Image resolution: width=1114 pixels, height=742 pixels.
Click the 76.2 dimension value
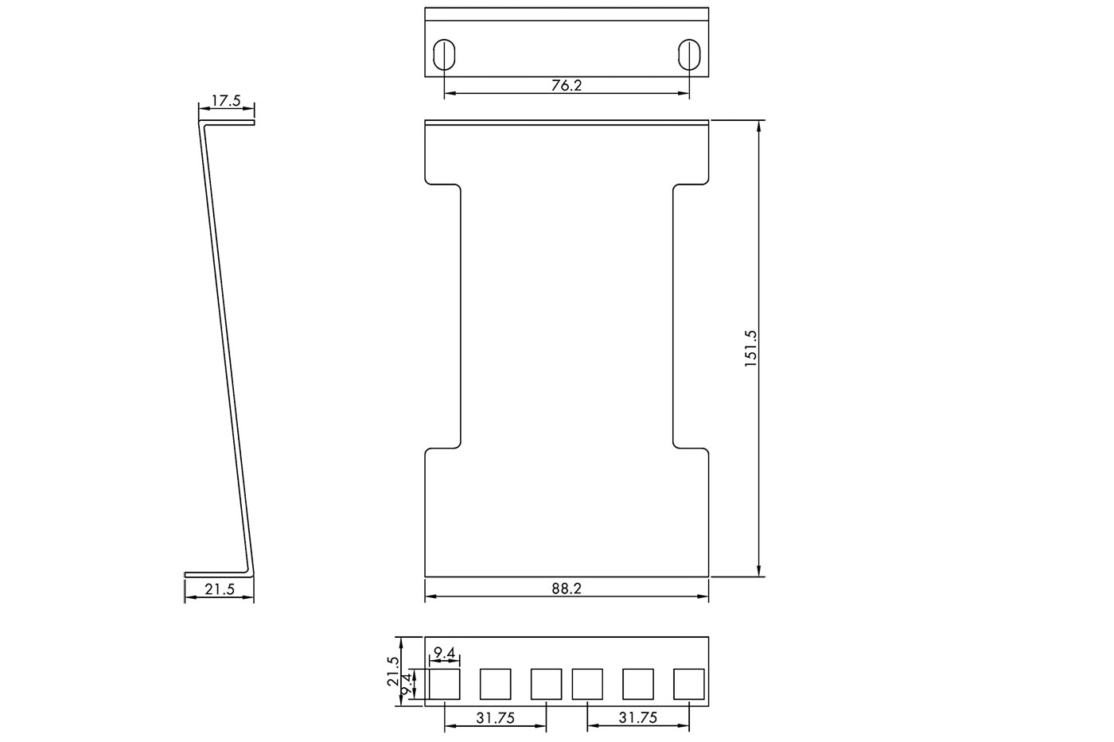(567, 85)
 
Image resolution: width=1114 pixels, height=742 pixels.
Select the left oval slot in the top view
(444, 54)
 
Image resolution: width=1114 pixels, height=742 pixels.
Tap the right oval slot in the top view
(689, 54)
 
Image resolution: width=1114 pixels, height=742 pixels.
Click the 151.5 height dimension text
(750, 349)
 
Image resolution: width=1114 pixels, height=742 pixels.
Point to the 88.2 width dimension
(567, 589)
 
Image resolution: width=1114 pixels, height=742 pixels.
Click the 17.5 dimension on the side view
(226, 101)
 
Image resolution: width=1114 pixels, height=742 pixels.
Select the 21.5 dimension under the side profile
(220, 589)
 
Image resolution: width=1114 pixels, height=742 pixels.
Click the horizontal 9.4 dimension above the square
(445, 653)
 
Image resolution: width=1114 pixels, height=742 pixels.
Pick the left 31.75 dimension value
(495, 718)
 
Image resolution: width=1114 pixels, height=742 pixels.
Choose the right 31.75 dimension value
(638, 717)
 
